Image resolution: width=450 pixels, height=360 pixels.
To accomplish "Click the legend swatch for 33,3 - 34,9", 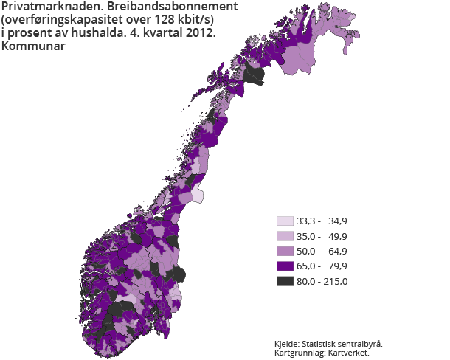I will tap(285, 221).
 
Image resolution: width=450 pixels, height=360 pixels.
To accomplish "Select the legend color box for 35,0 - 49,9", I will tap(285, 236).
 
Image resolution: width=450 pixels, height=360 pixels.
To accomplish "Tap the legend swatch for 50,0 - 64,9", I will tap(285, 251).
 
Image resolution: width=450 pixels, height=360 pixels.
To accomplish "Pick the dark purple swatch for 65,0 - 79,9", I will tap(285, 266).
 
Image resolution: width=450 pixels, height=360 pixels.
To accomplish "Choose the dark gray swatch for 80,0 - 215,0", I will tap(285, 281).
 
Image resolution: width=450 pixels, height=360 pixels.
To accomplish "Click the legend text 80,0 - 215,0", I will tap(322, 281).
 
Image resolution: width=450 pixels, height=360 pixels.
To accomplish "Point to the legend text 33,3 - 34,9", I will tap(322, 221).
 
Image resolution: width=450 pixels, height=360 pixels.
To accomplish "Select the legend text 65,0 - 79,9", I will tap(322, 266).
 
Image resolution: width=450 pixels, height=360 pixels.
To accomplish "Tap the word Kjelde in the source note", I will tap(288, 344).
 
